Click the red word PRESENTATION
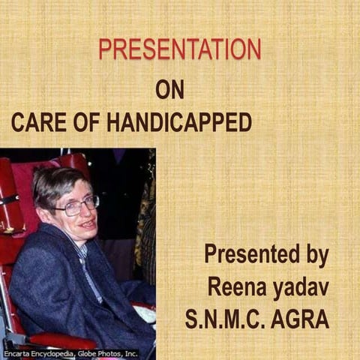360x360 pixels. [x=180, y=49]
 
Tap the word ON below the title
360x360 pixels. [x=169, y=89]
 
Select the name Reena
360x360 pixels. [x=235, y=287]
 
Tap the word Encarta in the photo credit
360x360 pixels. [x=17, y=352]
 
